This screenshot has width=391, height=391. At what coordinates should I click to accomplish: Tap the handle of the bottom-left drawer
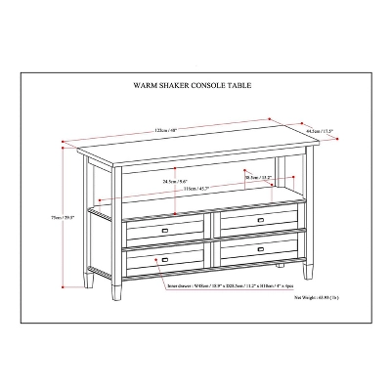163,259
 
